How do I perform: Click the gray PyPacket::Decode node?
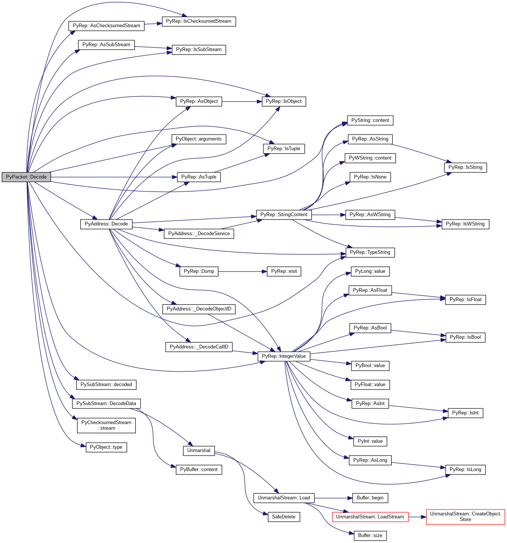point(26,177)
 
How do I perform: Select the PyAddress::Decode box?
point(106,224)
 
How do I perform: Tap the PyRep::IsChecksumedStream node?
point(198,21)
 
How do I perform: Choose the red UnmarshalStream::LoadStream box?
point(370,517)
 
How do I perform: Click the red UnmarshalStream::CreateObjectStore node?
point(465,517)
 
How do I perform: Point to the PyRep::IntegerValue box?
point(284,356)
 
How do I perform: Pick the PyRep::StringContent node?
point(284,215)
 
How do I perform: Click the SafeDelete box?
point(284,517)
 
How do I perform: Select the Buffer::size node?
point(370,536)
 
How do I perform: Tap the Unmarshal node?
point(198,451)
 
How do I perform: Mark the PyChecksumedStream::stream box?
point(106,425)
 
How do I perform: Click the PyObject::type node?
point(106,447)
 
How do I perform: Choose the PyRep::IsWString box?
point(465,224)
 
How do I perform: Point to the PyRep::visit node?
point(284,271)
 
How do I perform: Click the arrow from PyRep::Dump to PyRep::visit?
point(242,271)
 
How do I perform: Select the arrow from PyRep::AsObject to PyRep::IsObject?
point(242,101)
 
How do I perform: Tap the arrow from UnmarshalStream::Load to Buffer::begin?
point(333,498)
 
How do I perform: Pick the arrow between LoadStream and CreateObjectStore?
point(417,517)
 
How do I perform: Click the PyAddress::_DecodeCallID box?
point(198,347)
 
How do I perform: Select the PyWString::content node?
point(370,158)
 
